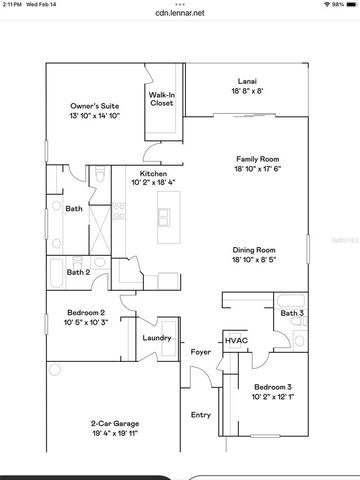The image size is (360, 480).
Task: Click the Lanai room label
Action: tap(246, 80)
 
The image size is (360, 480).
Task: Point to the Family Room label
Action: tap(254, 158)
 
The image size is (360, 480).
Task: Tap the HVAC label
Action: tap(236, 340)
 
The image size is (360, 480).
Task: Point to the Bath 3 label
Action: tap(291, 313)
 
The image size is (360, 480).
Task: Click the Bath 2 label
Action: tap(78, 271)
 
